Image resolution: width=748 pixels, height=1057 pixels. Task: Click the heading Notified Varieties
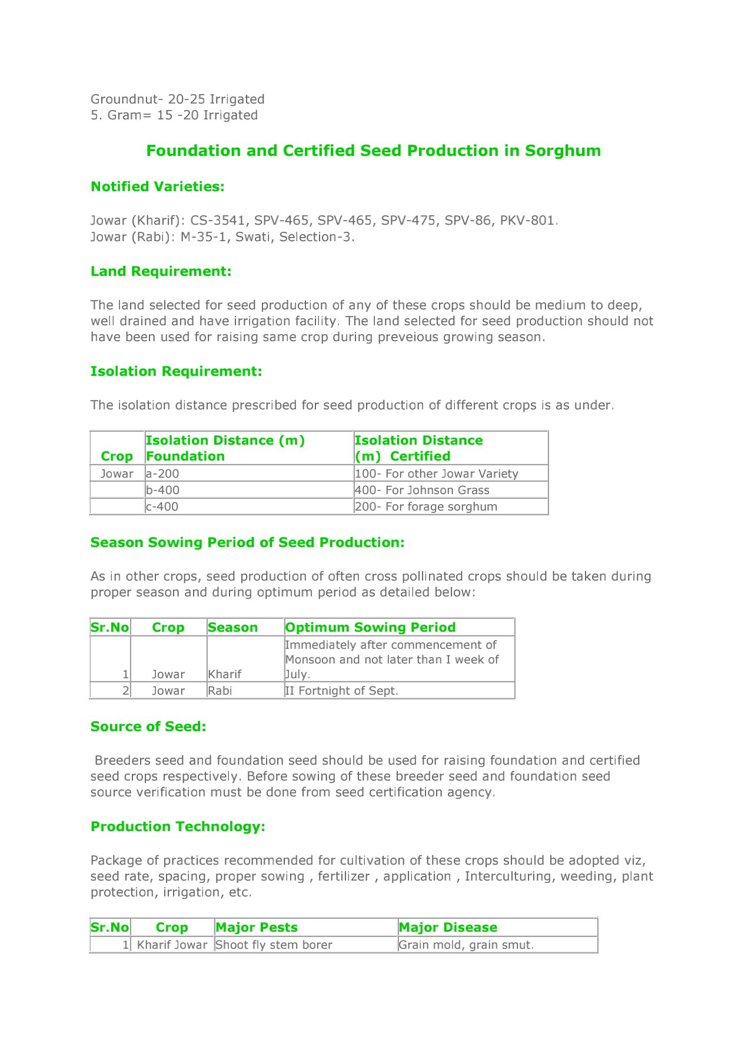[157, 186]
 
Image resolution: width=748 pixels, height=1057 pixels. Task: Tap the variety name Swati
[252, 237]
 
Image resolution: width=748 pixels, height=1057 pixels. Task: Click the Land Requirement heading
[161, 271]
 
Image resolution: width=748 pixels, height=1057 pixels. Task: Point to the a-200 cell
[162, 474]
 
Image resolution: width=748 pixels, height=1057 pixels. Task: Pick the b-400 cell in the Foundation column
[162, 490]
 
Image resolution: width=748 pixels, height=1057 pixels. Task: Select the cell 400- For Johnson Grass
[422, 490]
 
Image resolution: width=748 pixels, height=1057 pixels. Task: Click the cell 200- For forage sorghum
[426, 506]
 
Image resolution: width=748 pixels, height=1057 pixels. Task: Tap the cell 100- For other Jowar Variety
[436, 474]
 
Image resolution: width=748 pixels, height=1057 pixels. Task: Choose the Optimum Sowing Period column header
[370, 628]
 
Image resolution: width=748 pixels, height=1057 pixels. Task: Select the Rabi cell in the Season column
[220, 691]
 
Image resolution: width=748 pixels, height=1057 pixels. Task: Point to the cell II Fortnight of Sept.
[341, 691]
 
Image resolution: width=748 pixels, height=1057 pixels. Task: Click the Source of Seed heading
[148, 726]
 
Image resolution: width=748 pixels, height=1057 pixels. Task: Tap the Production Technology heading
[178, 826]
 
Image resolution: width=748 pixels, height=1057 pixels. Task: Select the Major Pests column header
[257, 928]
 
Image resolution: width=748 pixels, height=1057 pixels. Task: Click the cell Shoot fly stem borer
[274, 945]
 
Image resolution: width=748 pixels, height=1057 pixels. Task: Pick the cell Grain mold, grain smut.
[466, 945]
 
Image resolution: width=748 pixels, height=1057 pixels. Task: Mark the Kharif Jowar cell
[172, 945]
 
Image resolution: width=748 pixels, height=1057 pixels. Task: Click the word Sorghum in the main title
[563, 151]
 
